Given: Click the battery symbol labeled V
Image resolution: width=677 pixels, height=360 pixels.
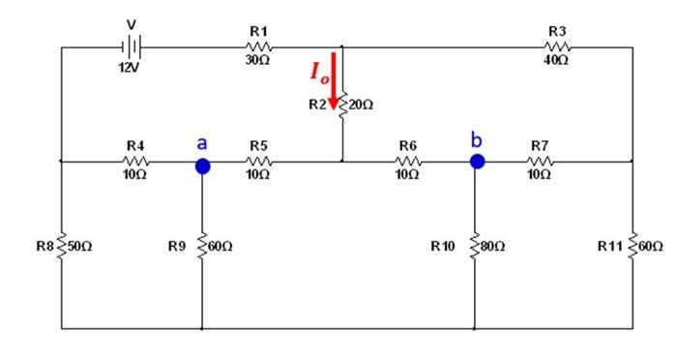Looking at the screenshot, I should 132,46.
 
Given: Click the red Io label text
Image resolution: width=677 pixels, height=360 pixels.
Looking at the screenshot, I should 318,72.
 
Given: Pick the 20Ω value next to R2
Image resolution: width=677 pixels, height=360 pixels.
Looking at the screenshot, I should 361,104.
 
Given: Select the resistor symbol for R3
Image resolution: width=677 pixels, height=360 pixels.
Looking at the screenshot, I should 558,46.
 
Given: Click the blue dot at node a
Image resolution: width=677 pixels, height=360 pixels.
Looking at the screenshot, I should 202,165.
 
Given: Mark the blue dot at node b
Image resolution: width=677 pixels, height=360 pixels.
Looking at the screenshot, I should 477,161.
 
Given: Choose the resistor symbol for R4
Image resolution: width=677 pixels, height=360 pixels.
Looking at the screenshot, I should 135,161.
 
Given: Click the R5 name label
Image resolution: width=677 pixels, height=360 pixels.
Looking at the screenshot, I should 258,145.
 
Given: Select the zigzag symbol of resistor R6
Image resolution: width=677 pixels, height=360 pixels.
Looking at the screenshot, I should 407,161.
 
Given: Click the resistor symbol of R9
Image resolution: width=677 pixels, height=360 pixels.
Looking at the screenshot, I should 202,247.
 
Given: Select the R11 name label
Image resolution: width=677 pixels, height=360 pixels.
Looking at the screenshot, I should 611,247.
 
